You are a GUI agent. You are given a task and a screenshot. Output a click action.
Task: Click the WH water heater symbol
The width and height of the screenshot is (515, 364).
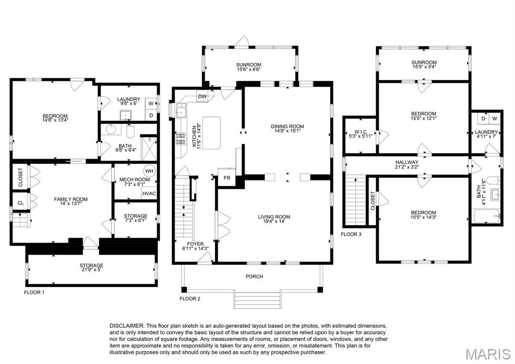[x=149, y=171]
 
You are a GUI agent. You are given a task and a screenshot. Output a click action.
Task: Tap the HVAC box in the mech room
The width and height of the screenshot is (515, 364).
[x=149, y=193]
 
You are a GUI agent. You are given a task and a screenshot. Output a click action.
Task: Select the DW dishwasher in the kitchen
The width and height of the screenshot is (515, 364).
[x=202, y=97]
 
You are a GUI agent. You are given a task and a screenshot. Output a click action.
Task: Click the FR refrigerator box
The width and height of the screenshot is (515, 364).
[x=227, y=178]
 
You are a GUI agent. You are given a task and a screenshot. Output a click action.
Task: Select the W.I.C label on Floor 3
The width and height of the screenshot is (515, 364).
[x=360, y=132]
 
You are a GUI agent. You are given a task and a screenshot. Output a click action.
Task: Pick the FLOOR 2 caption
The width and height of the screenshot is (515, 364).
[x=190, y=299]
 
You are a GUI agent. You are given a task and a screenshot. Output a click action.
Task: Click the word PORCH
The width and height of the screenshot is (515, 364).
[x=254, y=276]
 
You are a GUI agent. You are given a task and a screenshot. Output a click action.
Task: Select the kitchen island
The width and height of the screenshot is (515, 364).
[x=212, y=133]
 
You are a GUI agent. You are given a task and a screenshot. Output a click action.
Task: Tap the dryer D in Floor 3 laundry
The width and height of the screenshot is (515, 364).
[x=483, y=119]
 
